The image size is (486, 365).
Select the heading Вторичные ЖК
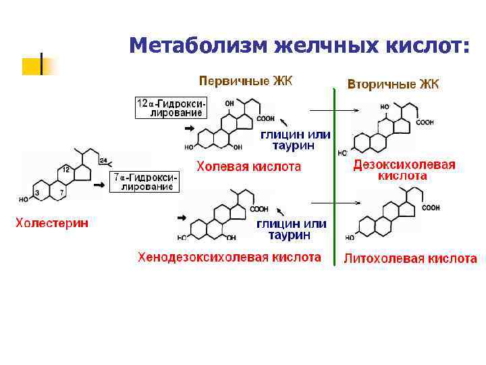[x=393, y=84]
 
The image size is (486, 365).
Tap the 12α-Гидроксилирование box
[x=171, y=108]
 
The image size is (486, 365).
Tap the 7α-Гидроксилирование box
[x=146, y=182]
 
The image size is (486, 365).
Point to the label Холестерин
[x=52, y=222]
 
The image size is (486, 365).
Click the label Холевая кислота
[x=248, y=166]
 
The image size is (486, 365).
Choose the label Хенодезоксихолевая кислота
[x=230, y=257]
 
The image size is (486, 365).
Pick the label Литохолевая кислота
[x=410, y=258]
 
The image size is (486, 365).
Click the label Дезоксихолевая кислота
[x=404, y=170]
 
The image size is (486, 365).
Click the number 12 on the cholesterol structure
[x=65, y=168]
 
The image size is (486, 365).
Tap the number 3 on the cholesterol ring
[x=36, y=194]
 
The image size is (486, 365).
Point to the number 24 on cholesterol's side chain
[x=103, y=161]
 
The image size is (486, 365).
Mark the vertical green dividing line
[x=334, y=176]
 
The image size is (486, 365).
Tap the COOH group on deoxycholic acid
[x=425, y=122]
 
